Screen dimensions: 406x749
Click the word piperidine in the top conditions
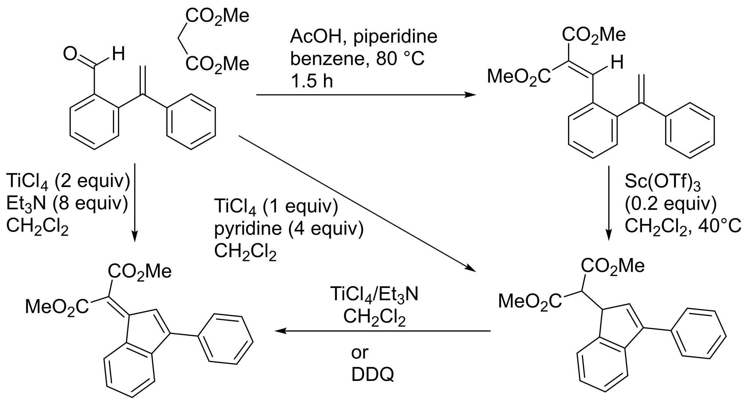[395, 37]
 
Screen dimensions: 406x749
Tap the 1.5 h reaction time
[312, 81]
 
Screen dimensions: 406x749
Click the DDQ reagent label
[373, 375]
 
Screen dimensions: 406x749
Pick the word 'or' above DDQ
[360, 352]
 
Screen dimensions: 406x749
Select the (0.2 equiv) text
[670, 204]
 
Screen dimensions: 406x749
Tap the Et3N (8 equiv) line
[67, 204]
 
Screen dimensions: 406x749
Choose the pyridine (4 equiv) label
[289, 228]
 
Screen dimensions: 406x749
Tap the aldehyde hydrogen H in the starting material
[119, 54]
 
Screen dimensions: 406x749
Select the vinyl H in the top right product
[617, 63]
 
